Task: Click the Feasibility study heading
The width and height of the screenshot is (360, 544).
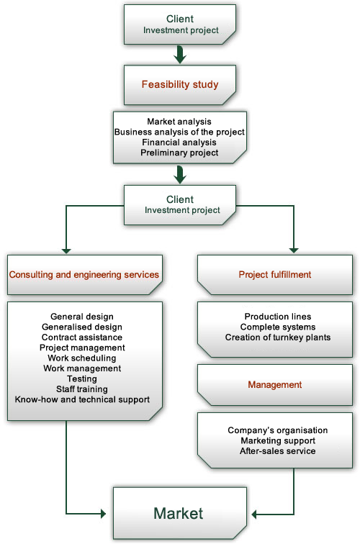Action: coord(180,84)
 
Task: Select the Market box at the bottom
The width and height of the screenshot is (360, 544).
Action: coord(180,513)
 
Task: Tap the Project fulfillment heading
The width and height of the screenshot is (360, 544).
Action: coord(275,274)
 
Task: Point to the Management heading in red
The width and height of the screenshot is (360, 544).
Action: coord(275,384)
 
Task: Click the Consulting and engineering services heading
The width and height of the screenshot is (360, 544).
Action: coord(84,274)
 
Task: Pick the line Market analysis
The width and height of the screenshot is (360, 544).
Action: coord(179,122)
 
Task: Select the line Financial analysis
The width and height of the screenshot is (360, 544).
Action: coord(179,142)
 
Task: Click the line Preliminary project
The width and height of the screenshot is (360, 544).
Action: coord(179,153)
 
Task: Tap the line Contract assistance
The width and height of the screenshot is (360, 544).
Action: coord(82,337)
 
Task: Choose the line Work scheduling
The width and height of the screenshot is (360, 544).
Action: coord(82,358)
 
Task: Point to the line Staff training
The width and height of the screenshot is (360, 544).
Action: coord(82,389)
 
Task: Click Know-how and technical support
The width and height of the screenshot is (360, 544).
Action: coord(82,399)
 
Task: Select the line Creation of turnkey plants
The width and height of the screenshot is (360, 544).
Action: coord(278,337)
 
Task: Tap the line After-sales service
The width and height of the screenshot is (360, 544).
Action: coord(278,451)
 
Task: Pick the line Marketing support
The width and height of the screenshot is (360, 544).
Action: coord(278,440)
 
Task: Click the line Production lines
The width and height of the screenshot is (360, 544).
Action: coord(278,317)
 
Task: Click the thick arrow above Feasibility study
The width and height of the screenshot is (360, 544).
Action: coord(180,55)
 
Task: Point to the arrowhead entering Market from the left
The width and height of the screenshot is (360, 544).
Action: coord(103,514)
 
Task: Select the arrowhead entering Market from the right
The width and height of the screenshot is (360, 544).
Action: coord(254,514)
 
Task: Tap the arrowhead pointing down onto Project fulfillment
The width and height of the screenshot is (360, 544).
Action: coord(294,250)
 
